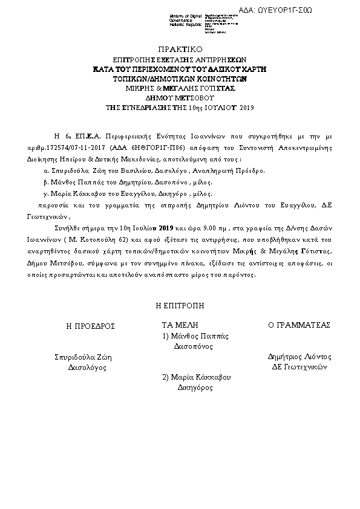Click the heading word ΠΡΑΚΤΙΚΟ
pos(180,49)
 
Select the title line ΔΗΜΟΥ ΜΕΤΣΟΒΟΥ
pos(180,97)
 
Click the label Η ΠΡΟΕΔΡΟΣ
pos(90,325)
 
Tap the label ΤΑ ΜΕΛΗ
pos(180,325)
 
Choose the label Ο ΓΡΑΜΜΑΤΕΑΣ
pos(299,325)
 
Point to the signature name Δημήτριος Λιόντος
pos(299,357)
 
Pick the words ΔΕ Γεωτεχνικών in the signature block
pos(299,367)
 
